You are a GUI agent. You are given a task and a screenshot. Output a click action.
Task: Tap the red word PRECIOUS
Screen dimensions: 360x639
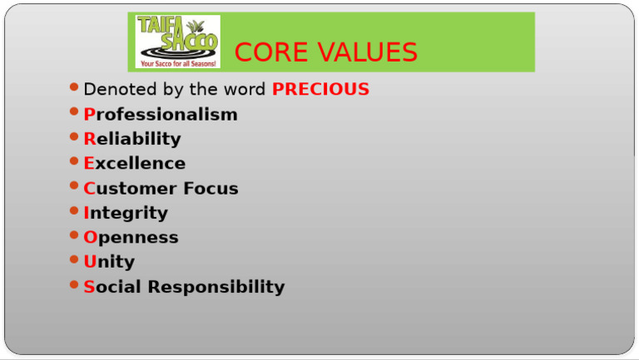pos(320,89)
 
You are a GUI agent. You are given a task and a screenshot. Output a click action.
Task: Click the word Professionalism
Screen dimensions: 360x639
pos(161,115)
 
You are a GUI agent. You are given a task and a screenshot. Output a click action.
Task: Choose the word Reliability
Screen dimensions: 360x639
pos(132,139)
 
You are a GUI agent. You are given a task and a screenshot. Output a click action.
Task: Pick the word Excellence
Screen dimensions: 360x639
pos(135,163)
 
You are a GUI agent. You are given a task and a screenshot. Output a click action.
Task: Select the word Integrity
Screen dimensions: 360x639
pos(126,213)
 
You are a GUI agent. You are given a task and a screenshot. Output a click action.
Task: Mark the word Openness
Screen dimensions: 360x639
pos(131,237)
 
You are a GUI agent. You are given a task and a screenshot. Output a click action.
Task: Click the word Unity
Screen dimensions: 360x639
pos(109,262)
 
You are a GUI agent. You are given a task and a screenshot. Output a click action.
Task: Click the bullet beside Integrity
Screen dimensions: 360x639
pos(75,211)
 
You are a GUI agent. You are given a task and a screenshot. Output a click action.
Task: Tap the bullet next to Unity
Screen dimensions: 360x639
pos(75,260)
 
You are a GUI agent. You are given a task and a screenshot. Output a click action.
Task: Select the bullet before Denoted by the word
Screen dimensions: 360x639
pos(75,87)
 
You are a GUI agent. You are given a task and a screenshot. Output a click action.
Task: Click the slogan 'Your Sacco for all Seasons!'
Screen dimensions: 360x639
pos(178,62)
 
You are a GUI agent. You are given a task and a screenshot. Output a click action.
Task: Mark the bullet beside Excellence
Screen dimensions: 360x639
pos(75,161)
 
